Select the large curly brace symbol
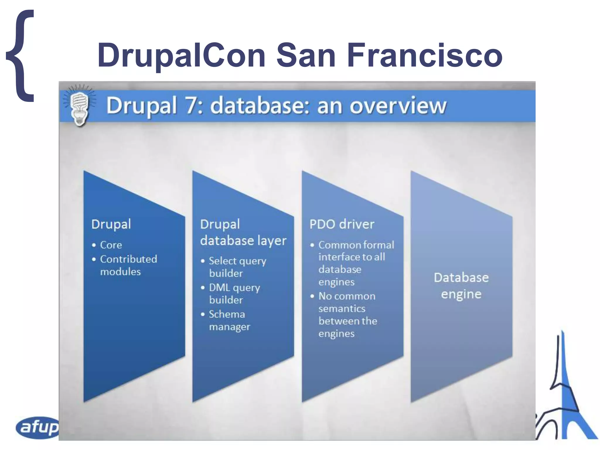[21, 56]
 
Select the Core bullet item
[111, 245]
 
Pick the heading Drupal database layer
[243, 232]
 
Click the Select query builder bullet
[237, 267]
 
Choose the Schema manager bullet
[229, 320]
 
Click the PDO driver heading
[342, 224]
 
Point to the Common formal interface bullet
[356, 263]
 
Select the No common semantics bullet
[347, 315]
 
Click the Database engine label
[461, 286]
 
